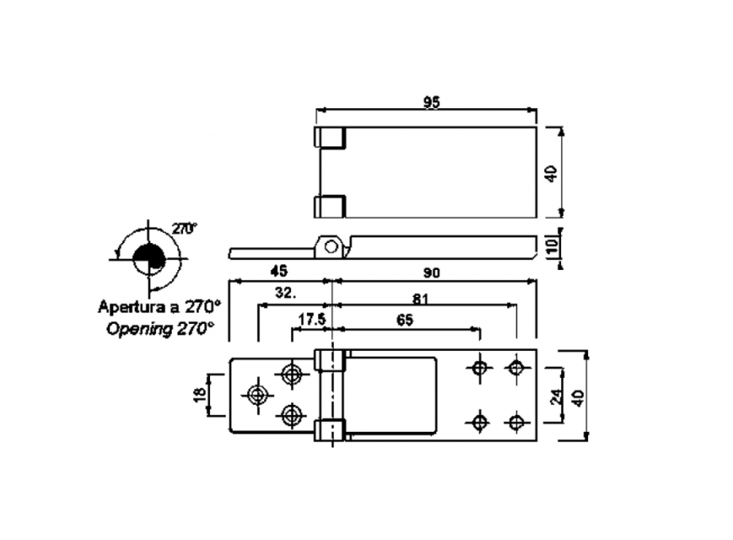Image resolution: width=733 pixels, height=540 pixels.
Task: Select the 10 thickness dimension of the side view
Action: click(x=551, y=248)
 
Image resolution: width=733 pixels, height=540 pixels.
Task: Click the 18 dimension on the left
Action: click(x=199, y=395)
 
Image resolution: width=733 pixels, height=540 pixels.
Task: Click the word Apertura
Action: click(x=129, y=305)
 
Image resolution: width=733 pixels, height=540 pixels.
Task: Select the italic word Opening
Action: click(x=138, y=328)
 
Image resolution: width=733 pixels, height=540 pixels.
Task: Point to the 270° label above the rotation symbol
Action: click(x=184, y=228)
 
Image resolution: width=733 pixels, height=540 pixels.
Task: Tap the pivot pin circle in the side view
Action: click(x=332, y=247)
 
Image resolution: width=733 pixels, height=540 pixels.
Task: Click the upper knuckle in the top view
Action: click(x=329, y=138)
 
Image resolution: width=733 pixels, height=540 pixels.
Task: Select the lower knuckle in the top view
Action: click(x=329, y=206)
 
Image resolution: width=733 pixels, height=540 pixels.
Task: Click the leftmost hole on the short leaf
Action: click(x=257, y=395)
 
